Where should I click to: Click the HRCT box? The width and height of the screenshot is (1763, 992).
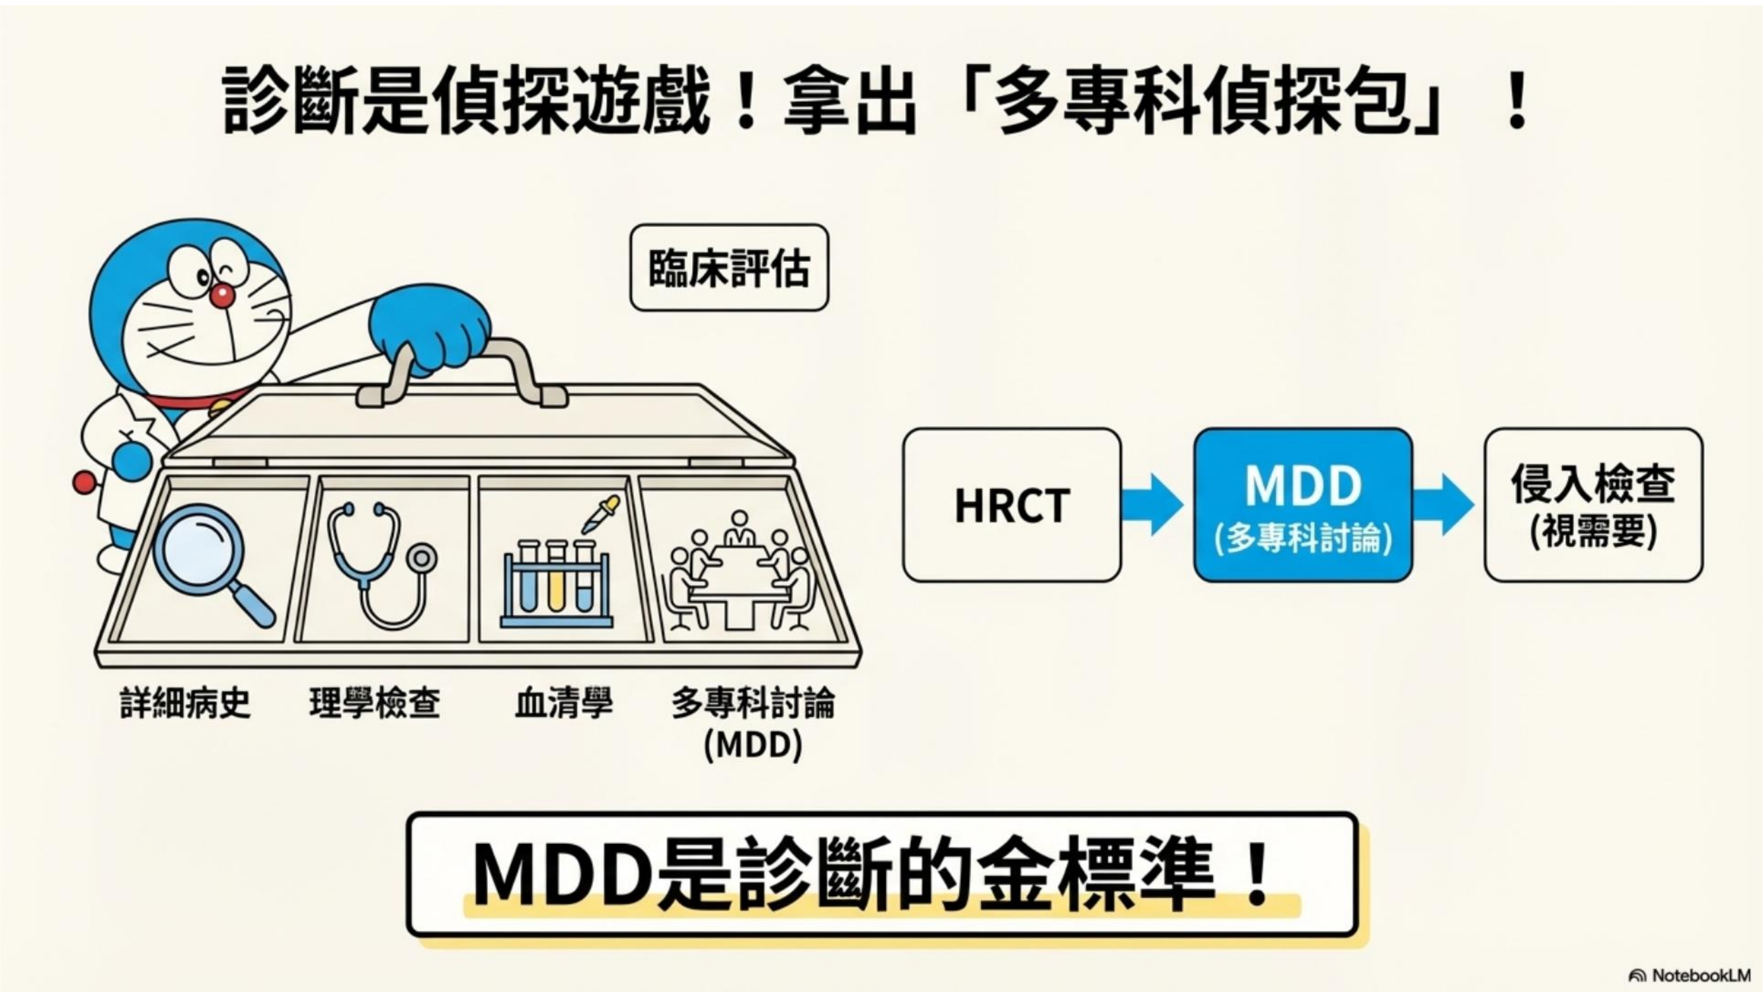coord(1011,505)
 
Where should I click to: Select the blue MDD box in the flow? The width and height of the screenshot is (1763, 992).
coord(1303,505)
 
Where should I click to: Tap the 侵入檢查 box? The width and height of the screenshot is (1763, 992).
coord(1593,505)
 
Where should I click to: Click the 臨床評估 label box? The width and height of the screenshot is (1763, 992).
coord(729,268)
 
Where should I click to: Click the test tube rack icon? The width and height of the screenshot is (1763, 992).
coord(556,585)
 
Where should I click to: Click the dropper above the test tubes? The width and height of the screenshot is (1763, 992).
coord(600,514)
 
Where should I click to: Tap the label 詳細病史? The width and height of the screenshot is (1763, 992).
coord(186,703)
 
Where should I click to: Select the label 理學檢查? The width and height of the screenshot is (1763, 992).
coord(374,703)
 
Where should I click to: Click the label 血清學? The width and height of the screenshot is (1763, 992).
coord(563,703)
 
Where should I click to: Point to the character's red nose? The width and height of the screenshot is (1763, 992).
coord(221,295)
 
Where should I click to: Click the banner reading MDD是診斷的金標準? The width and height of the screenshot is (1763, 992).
coord(882,874)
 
